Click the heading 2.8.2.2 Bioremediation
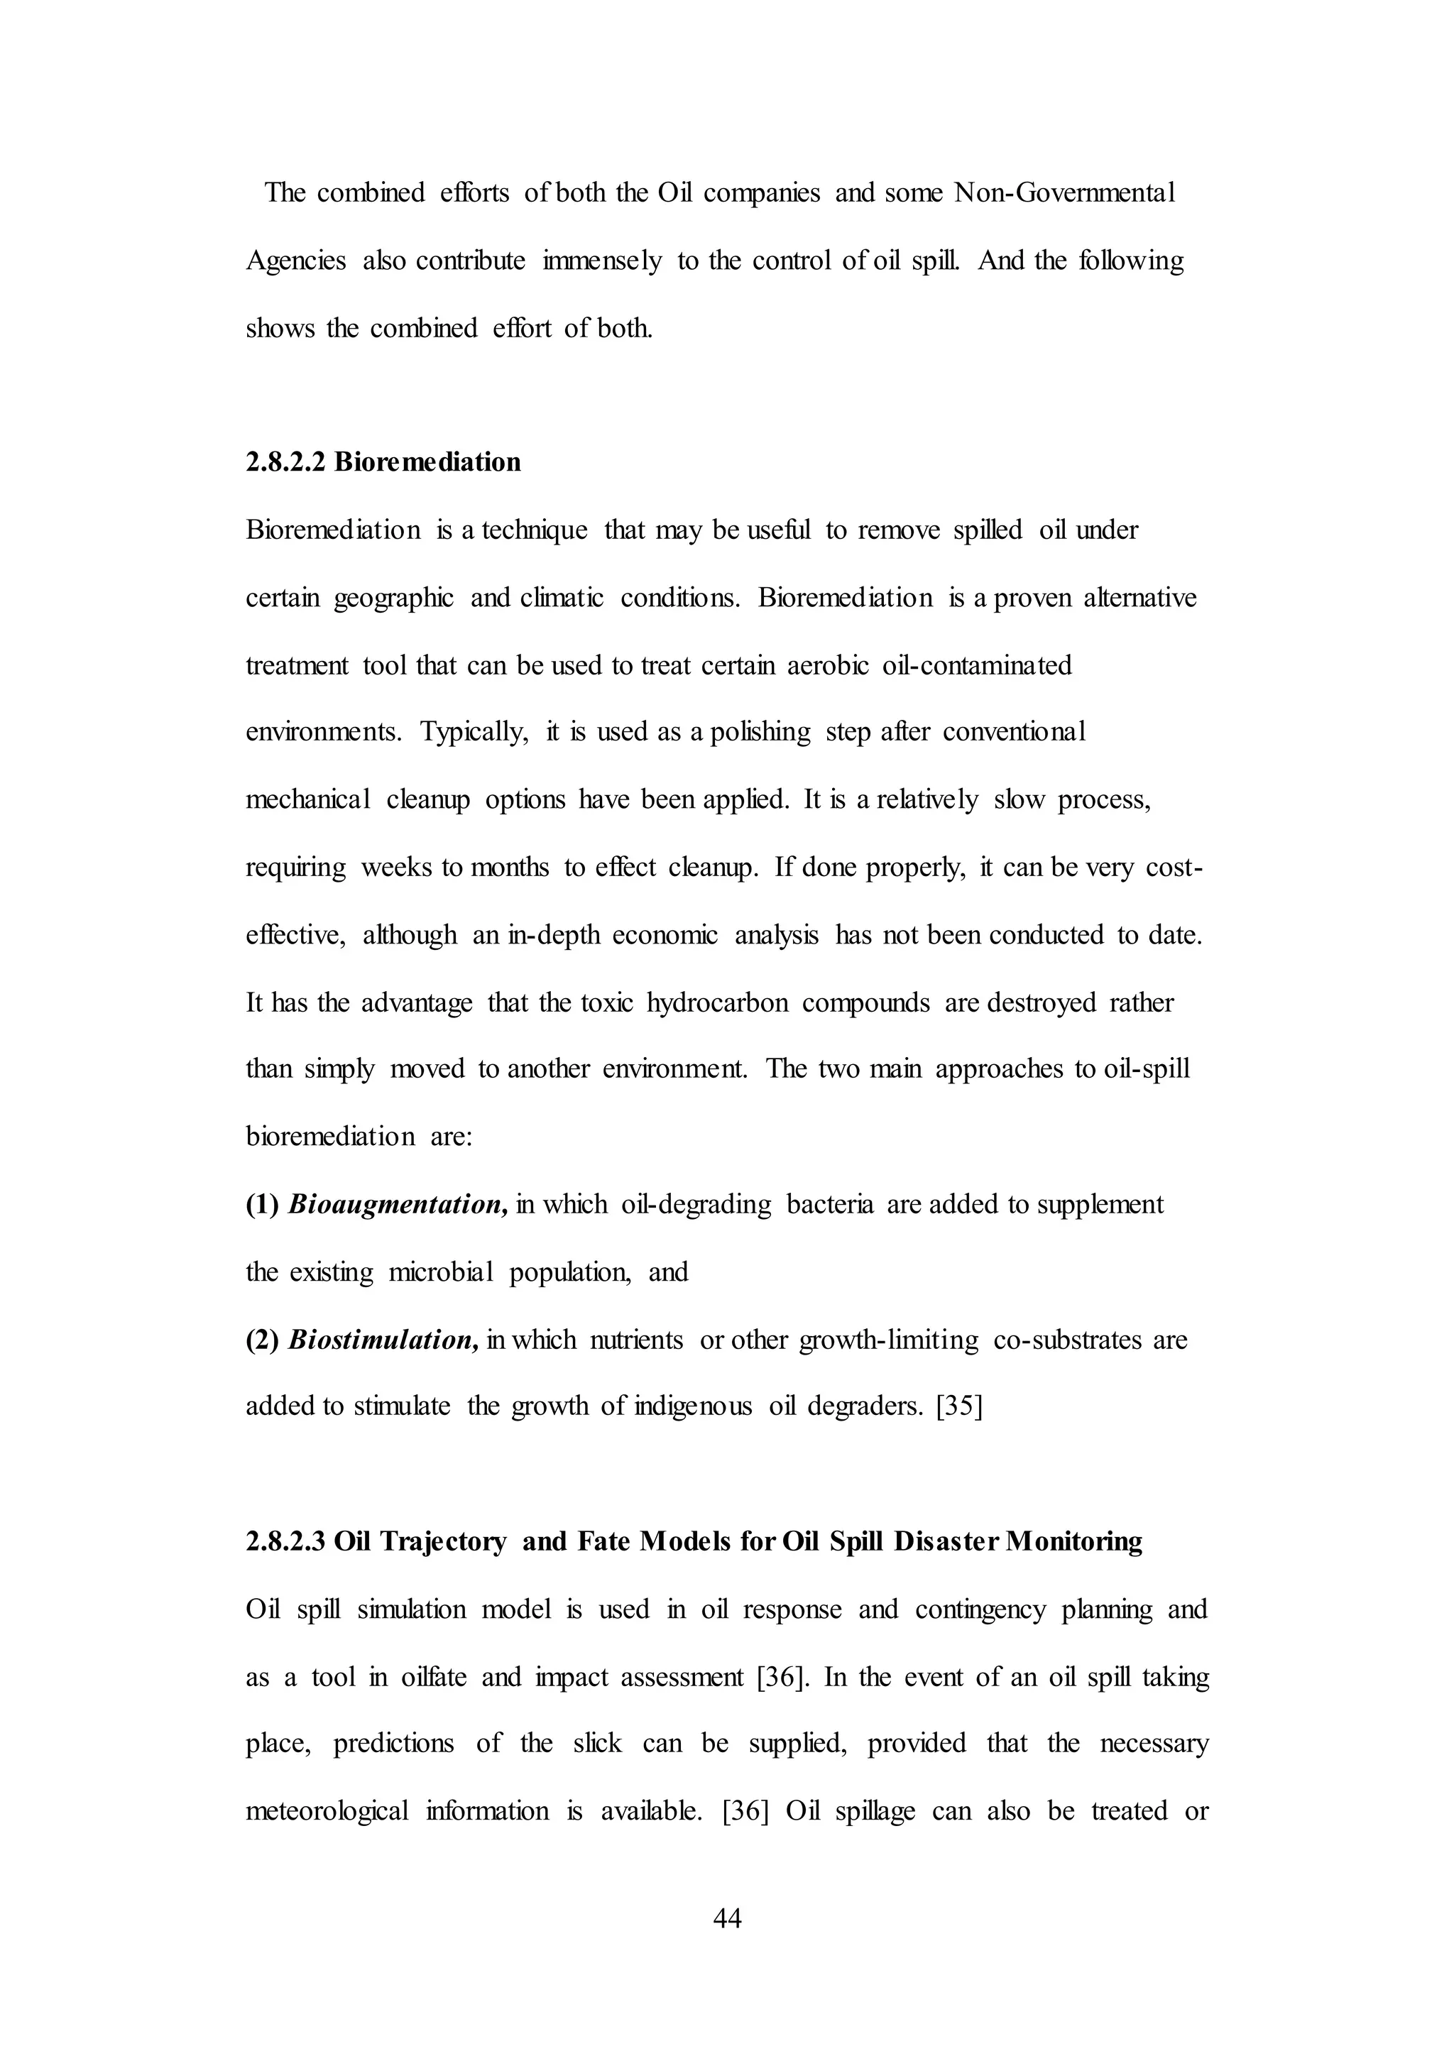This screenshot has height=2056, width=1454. click(383, 462)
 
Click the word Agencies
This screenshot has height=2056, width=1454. click(295, 261)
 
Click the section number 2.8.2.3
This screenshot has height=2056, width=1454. click(285, 1541)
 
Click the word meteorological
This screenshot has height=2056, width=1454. click(327, 1810)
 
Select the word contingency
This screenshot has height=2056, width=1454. click(980, 1609)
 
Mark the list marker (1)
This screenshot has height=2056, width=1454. click(263, 1204)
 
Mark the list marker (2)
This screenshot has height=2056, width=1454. click(263, 1340)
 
